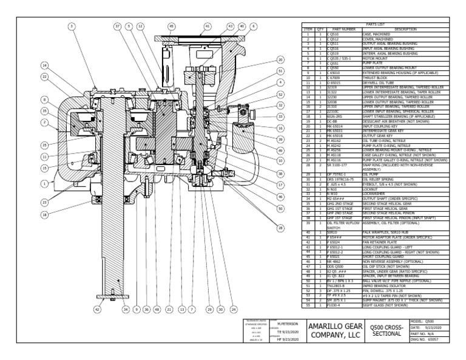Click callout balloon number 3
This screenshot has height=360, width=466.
72,26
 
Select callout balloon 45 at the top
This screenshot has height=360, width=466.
171,26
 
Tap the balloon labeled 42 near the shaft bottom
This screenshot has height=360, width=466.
96,309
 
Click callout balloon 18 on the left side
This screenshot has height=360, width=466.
44,215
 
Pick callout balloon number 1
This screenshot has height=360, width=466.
44,182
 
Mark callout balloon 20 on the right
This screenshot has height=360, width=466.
280,59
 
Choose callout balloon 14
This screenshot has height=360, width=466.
44,65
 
